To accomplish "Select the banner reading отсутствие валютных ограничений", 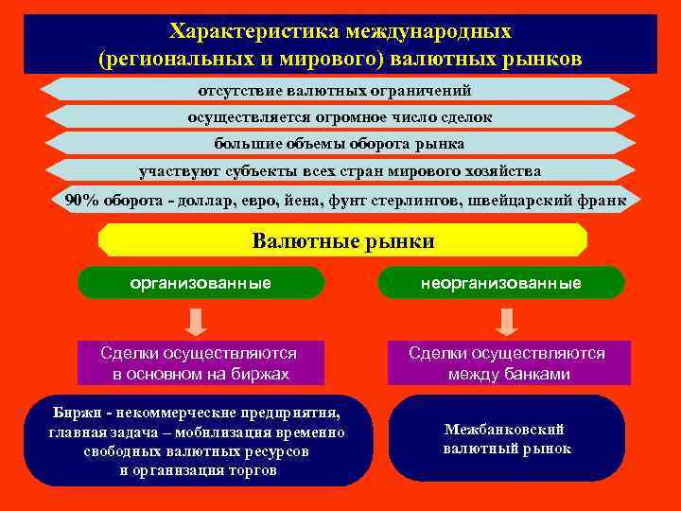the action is [x=335, y=90].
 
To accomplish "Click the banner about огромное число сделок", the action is [x=340, y=117].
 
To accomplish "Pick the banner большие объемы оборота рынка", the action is [x=340, y=144].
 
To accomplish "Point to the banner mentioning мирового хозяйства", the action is [x=340, y=171].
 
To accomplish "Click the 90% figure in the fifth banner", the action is [x=79, y=200].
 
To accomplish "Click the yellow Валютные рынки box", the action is [x=343, y=241].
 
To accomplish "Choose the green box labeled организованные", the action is [x=201, y=283].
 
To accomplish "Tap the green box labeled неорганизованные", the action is [x=501, y=283].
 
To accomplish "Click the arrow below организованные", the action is [x=196, y=322].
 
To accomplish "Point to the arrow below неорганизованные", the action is [x=506, y=322].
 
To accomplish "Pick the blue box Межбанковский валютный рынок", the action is [x=507, y=439].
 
